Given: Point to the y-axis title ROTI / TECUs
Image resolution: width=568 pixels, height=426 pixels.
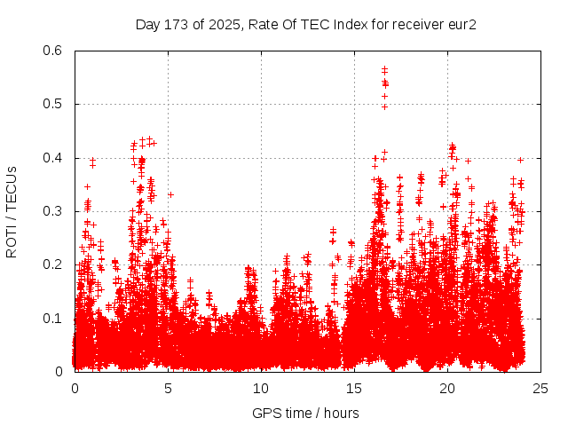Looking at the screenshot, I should (12, 211).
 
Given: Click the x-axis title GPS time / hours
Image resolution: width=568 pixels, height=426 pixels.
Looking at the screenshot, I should (305, 413).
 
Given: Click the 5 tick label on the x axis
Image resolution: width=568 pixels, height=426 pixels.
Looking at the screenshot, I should (168, 388).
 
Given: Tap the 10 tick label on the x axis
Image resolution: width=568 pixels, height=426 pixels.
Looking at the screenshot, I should (261, 388).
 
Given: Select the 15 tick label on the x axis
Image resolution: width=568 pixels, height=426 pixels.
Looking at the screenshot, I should (354, 388).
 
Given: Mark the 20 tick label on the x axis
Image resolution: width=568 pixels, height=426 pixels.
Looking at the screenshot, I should (447, 388).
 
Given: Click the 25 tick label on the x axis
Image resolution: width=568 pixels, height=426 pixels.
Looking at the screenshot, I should (540, 388).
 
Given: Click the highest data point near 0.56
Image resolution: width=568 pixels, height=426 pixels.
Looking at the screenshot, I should (384, 68).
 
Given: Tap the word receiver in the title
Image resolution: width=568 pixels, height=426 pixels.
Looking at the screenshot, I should (412, 25).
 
